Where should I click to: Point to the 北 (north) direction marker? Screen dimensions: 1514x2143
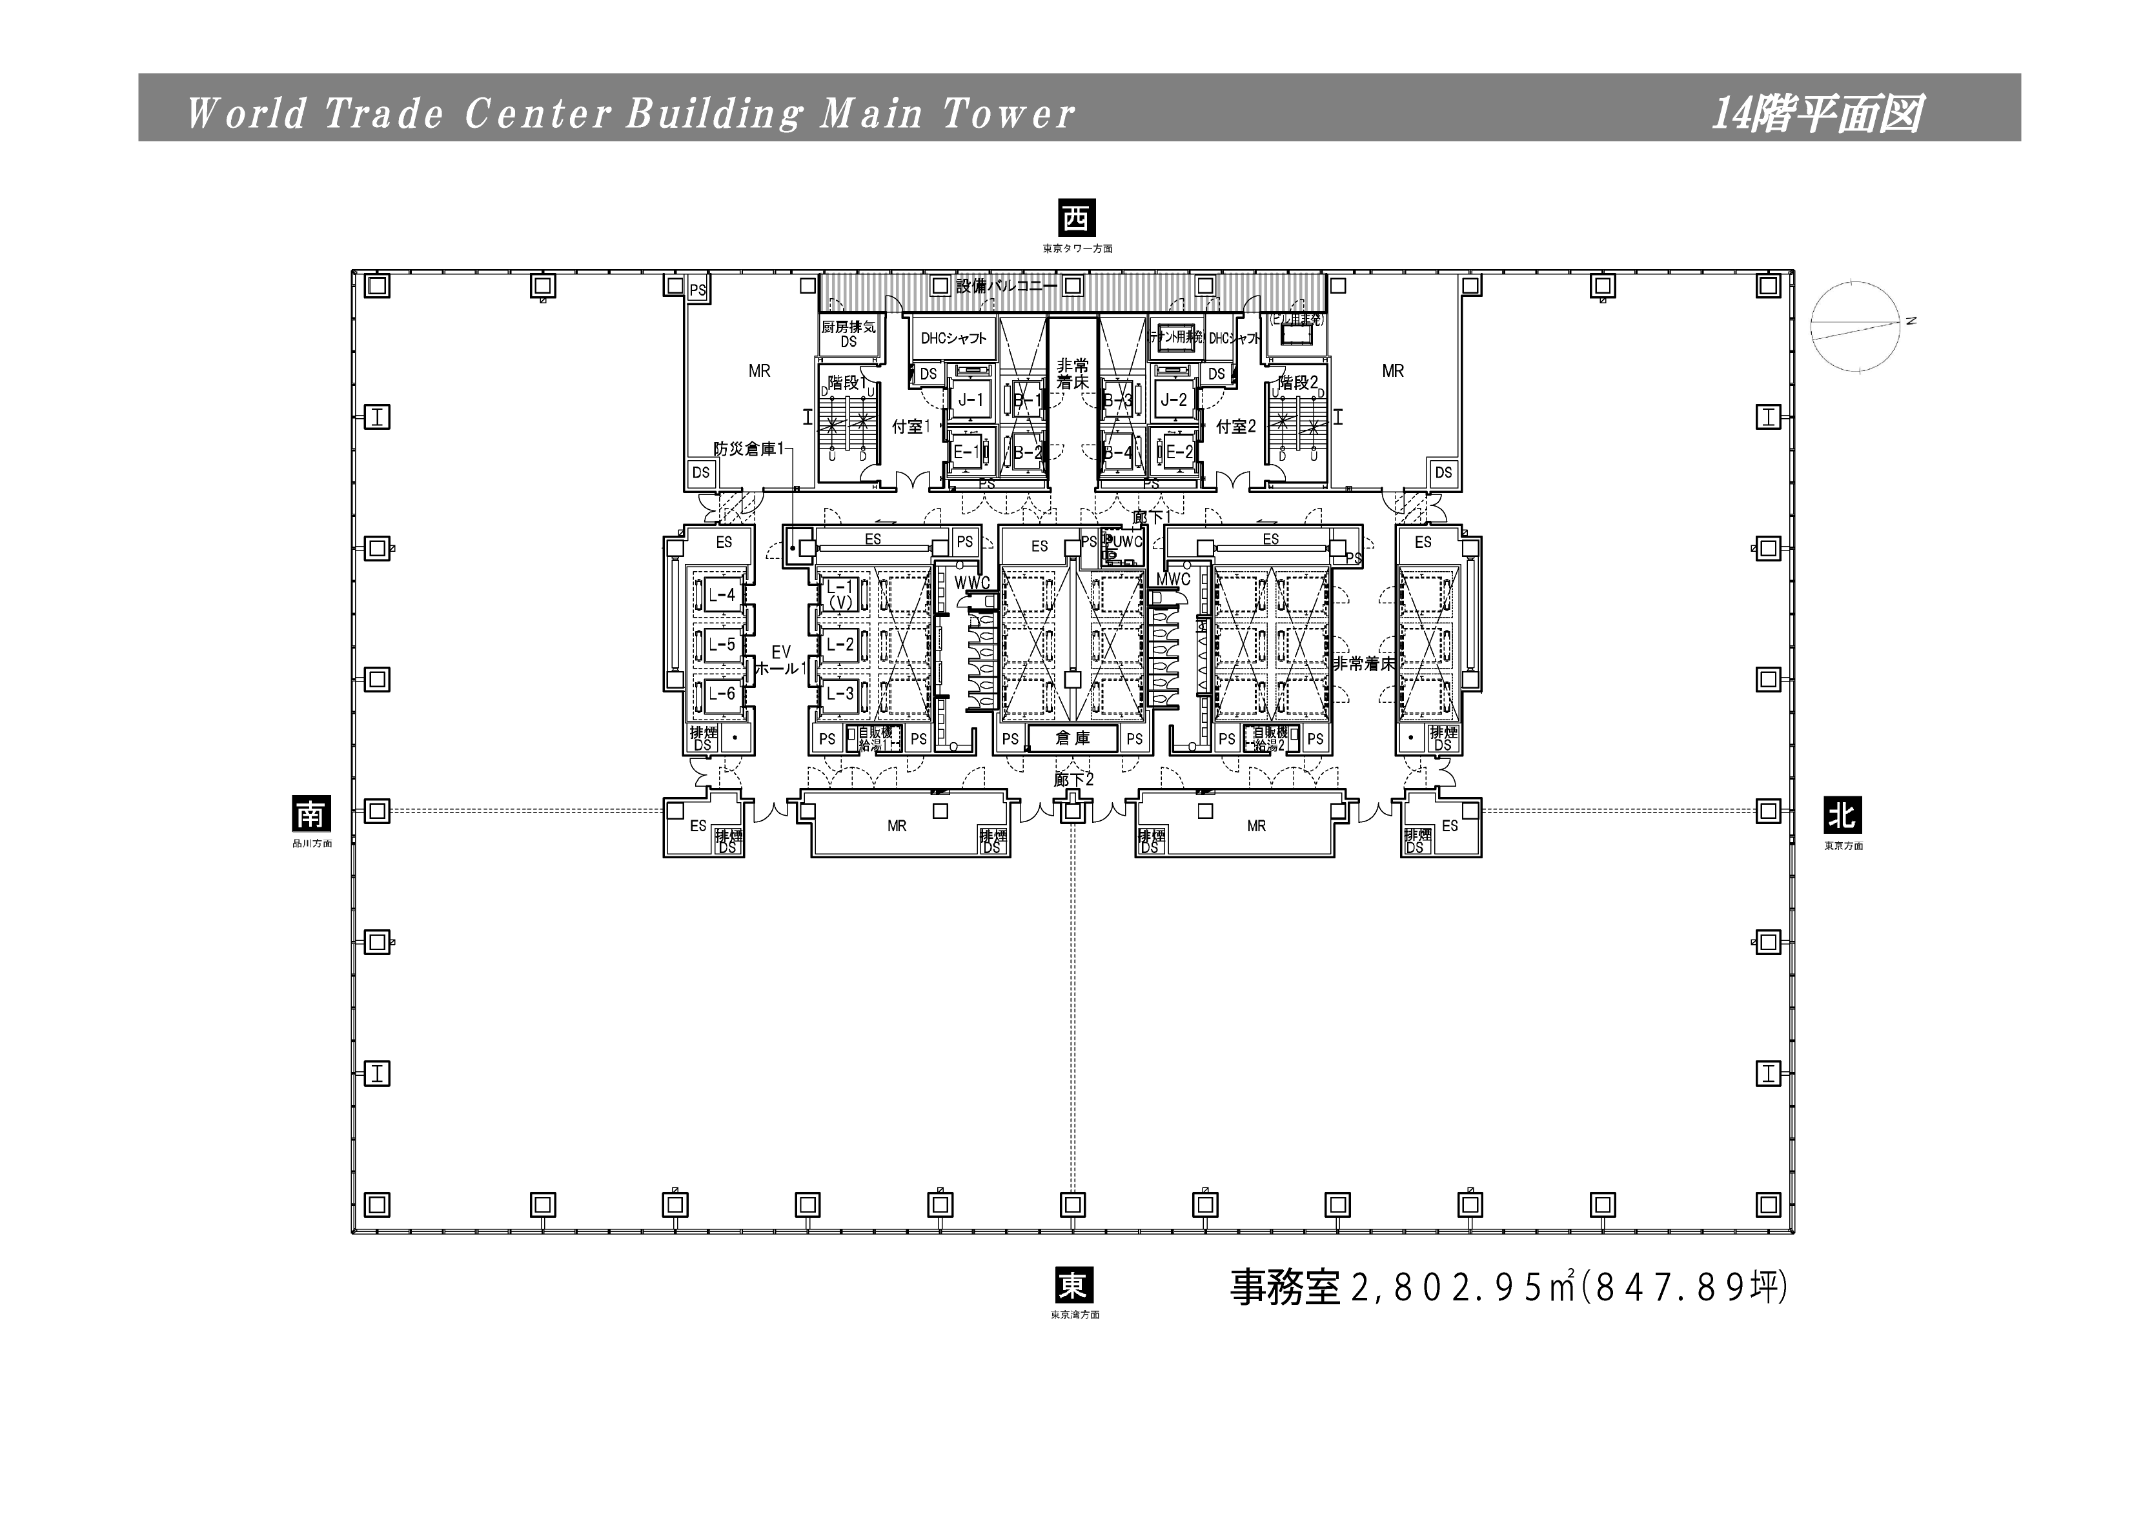coord(1842,816)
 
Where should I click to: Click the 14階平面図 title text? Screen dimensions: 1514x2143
coord(1815,114)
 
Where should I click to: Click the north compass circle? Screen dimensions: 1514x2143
coord(1856,326)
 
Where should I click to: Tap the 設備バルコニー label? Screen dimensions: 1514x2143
coord(1006,286)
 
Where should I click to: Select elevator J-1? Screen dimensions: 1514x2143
coord(971,399)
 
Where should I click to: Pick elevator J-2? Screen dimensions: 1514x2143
coord(1173,399)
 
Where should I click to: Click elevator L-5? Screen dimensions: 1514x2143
coord(722,644)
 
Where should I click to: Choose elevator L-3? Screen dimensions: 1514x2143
coord(840,694)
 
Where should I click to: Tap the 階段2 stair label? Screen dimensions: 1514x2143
coord(1297,382)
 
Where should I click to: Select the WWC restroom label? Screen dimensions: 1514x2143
coord(971,583)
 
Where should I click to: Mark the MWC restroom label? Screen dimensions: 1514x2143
coord(1173,580)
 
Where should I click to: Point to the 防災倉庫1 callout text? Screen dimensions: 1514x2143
coord(749,449)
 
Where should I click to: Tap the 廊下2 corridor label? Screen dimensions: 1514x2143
coord(1073,780)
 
